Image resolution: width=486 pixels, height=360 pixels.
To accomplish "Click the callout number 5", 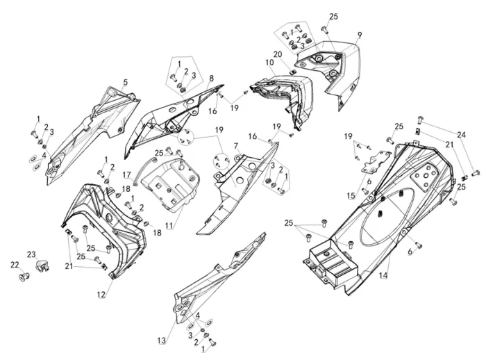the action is (125, 82).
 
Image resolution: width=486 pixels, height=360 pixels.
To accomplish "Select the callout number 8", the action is (211, 79).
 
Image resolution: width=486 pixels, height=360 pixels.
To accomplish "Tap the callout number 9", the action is (359, 35).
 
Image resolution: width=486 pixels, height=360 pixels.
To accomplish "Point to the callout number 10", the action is (269, 63).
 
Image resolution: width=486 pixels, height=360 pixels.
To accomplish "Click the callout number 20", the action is (278, 54).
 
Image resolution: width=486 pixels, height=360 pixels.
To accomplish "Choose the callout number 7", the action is (236, 145).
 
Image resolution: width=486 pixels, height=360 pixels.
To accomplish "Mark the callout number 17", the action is (127, 175).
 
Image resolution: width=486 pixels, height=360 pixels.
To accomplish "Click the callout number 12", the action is (101, 295).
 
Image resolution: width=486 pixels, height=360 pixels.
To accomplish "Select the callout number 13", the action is (162, 341).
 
